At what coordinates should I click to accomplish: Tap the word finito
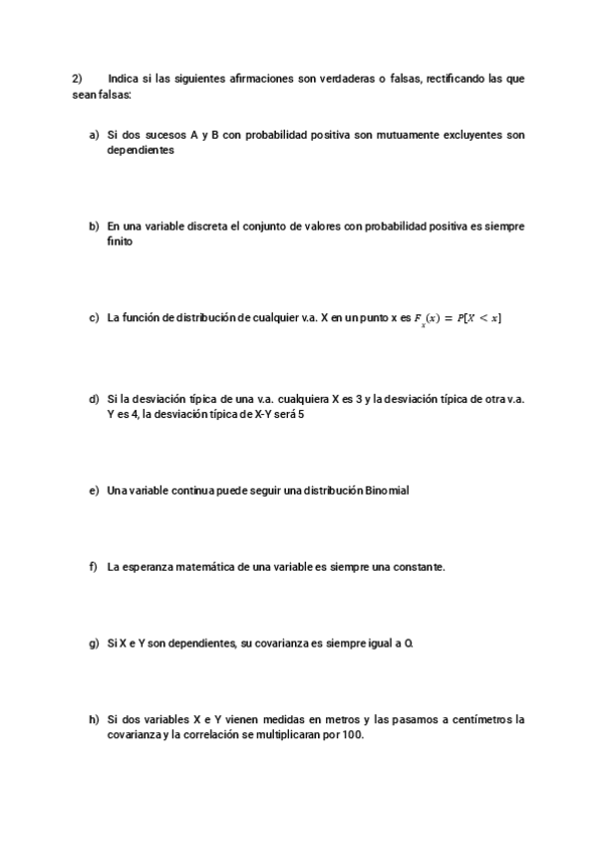pos(120,242)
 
